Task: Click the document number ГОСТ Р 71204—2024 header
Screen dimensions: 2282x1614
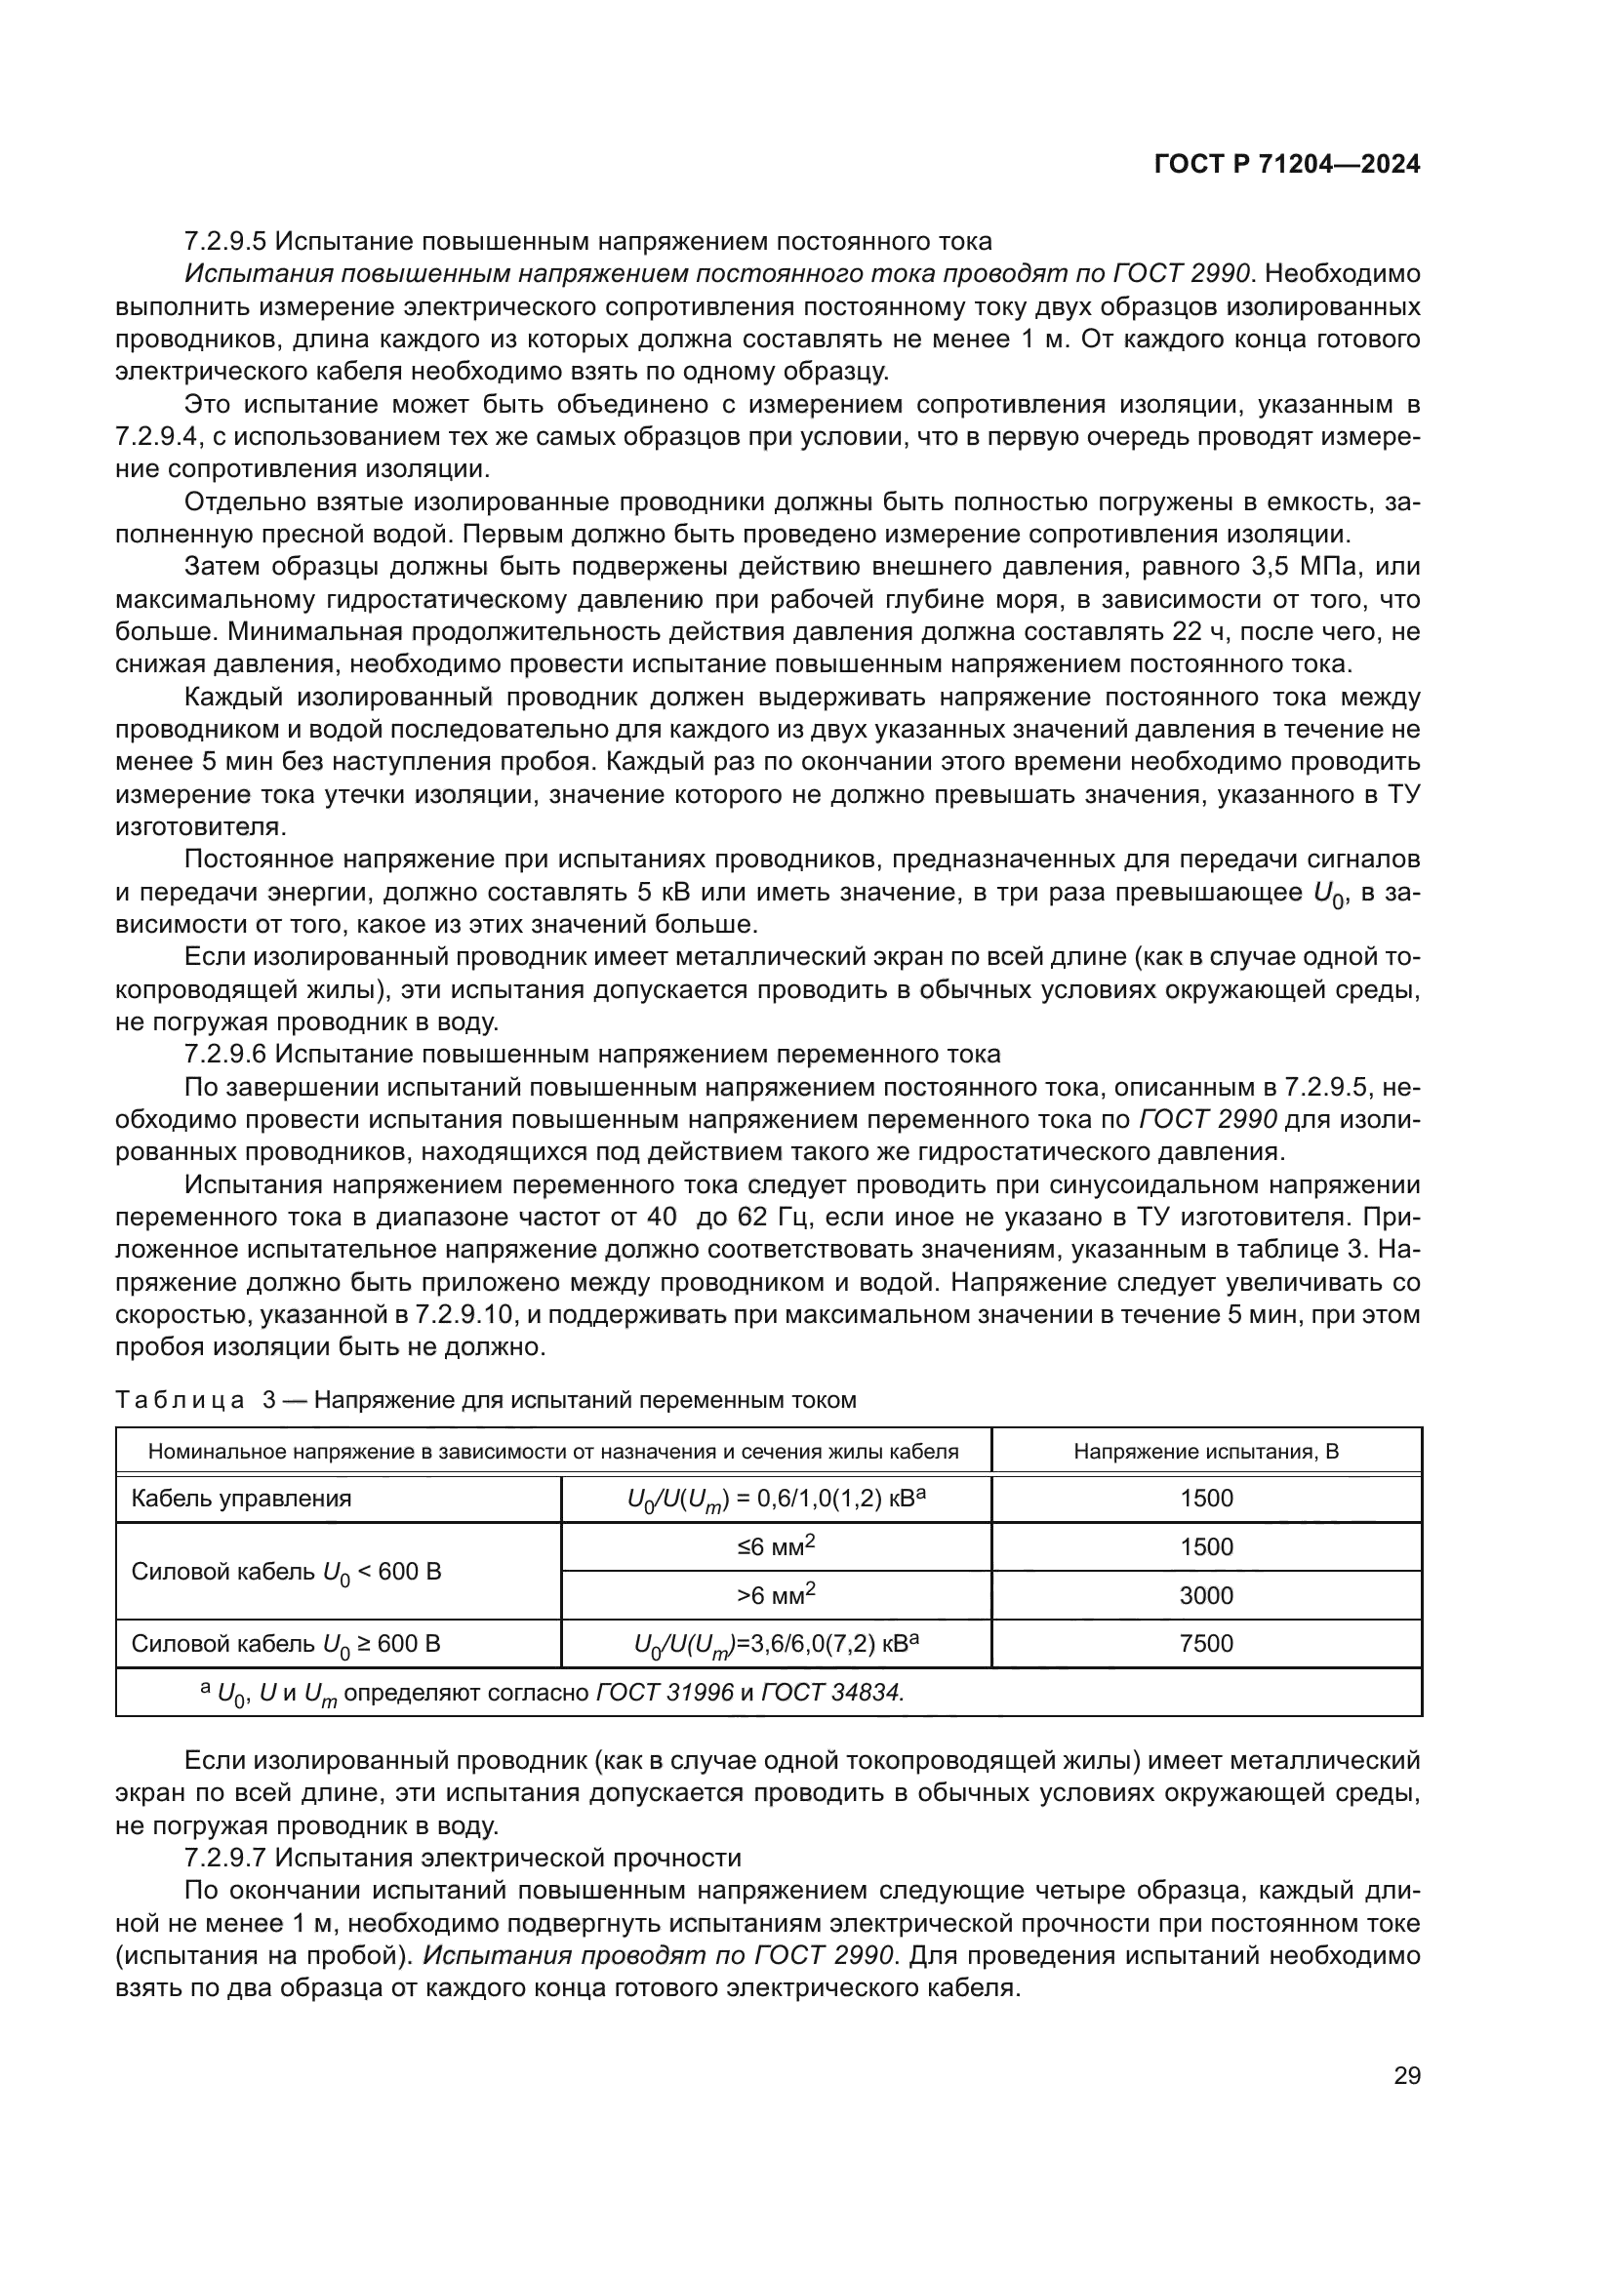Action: [1286, 165]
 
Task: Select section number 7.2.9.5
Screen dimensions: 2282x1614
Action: [223, 242]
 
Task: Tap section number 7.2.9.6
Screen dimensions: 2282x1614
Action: [223, 1054]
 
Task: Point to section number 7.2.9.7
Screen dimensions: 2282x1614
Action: [223, 1858]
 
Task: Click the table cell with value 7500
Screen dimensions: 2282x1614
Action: [1205, 1643]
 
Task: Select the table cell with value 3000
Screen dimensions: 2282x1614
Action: [1205, 1595]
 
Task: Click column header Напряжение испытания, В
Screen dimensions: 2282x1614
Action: [1205, 1451]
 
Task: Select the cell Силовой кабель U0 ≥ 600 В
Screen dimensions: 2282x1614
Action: [285, 1644]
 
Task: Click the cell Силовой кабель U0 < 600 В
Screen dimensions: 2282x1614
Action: [285, 1572]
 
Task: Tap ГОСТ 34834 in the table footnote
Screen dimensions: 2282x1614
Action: [830, 1692]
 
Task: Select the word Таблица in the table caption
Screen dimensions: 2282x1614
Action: [180, 1400]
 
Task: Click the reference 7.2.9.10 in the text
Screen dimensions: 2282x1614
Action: [464, 1315]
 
